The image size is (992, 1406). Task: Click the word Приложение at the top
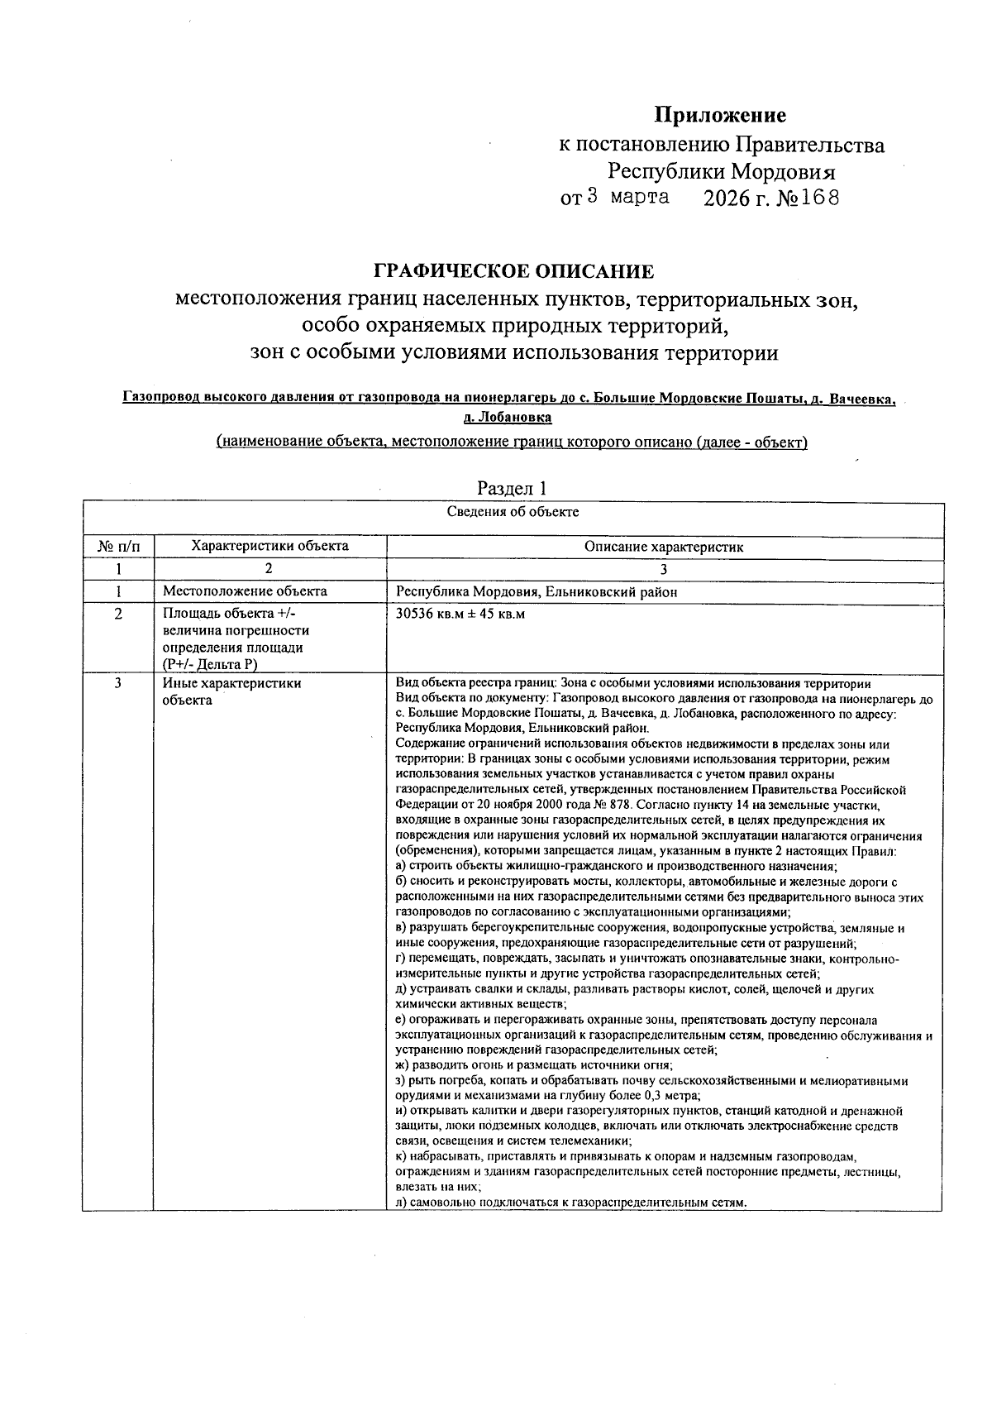tap(720, 115)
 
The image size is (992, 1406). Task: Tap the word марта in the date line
tap(640, 198)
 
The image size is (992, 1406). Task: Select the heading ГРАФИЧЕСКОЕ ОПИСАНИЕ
tap(513, 271)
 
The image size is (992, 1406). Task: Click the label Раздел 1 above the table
tap(513, 489)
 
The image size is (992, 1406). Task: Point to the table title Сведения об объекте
tap(513, 512)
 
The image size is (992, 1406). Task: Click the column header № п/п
tap(118, 546)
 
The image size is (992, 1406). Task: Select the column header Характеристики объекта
tap(269, 546)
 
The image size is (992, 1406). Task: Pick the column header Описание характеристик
tap(664, 547)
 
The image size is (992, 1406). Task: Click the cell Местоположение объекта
tap(245, 591)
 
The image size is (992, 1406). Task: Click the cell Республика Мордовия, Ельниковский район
tap(537, 591)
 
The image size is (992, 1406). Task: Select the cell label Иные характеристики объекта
tap(231, 691)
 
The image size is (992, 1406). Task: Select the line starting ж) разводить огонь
tap(534, 1065)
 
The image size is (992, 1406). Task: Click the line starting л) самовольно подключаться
tap(570, 1203)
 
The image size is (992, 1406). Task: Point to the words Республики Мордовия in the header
tap(721, 172)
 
